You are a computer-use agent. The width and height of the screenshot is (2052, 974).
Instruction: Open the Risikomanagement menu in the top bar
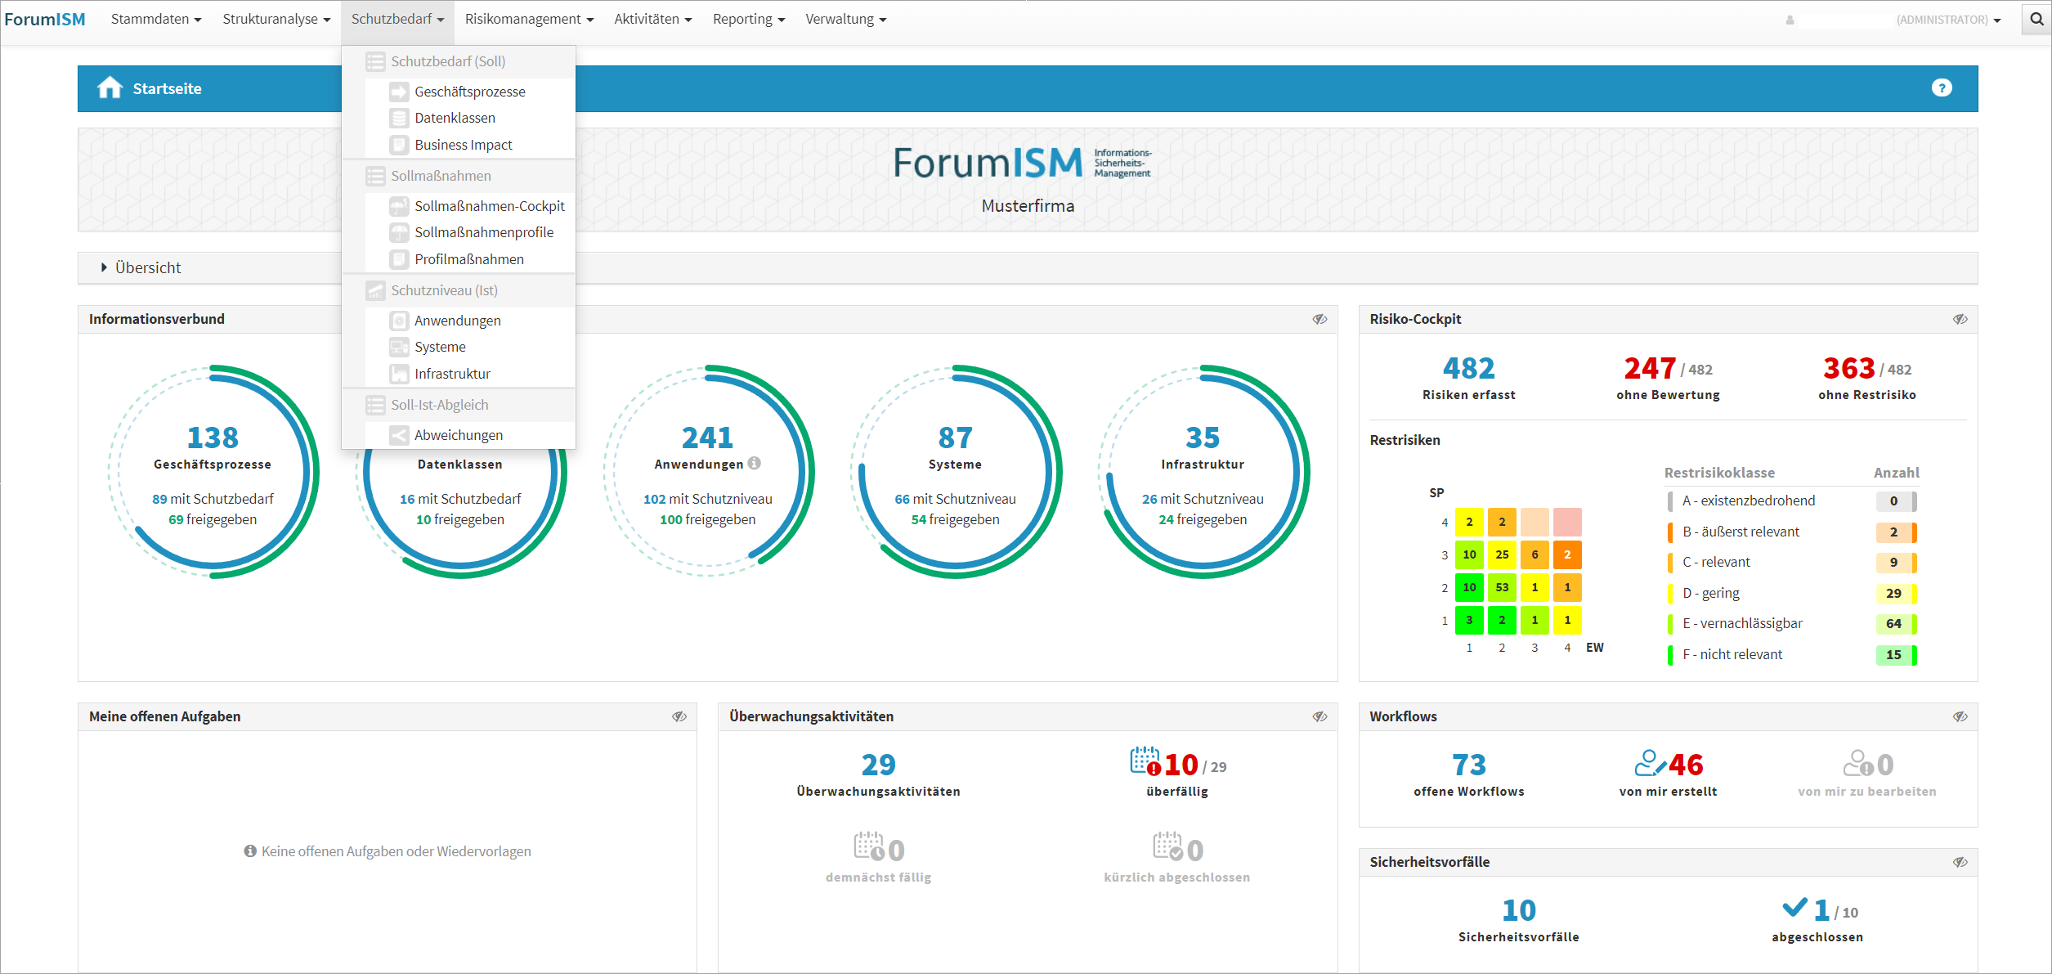click(528, 19)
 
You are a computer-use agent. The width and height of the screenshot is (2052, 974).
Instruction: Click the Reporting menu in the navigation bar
click(747, 19)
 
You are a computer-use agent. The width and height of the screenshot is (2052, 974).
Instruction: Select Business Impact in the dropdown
click(463, 145)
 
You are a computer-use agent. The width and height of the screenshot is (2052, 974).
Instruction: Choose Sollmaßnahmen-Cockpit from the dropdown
click(489, 206)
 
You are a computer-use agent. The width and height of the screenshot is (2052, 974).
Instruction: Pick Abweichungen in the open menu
click(458, 435)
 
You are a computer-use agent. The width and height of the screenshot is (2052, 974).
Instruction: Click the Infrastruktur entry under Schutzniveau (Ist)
click(452, 374)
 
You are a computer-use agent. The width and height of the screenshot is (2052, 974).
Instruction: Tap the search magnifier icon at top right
click(2036, 19)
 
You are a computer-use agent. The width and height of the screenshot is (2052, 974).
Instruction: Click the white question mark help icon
click(1942, 88)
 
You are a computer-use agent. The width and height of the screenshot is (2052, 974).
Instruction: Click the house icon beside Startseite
click(110, 88)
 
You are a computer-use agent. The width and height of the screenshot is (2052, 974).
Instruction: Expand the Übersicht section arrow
click(104, 267)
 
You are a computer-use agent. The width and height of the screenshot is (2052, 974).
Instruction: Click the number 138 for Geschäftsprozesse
click(213, 438)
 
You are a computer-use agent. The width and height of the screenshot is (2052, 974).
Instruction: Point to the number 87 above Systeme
click(955, 438)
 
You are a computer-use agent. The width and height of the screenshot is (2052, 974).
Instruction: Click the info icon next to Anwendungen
click(755, 464)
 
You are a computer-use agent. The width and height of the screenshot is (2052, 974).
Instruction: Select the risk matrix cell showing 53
click(1502, 587)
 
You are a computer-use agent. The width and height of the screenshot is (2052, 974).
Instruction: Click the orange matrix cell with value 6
click(1535, 554)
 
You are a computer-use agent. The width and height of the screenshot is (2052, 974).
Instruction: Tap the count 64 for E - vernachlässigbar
click(1893, 624)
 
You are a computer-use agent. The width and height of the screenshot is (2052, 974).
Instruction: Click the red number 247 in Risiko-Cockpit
click(1650, 369)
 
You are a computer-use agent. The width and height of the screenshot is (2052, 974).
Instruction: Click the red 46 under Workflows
click(1686, 765)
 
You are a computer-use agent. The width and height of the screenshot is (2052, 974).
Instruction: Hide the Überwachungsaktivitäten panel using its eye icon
click(1319, 716)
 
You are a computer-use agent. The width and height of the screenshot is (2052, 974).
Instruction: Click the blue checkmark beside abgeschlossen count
click(1794, 908)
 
